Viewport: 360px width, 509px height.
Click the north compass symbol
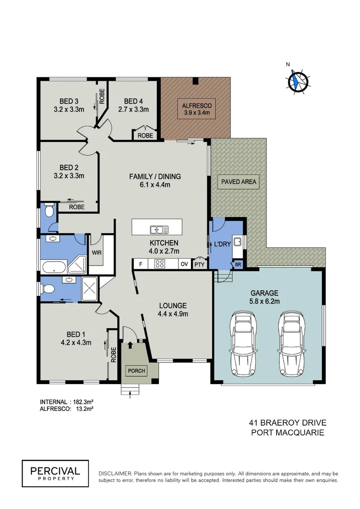point(298,81)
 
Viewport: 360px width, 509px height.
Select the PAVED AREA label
point(237,181)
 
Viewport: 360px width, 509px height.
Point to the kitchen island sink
point(159,230)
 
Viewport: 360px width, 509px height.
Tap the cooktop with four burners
point(160,264)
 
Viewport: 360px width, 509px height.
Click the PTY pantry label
point(200,264)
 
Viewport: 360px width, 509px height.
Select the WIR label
point(97,252)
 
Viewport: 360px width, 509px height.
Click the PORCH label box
point(137,371)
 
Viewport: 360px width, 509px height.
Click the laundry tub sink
point(238,242)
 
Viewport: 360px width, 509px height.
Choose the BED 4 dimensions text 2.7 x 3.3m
point(133,110)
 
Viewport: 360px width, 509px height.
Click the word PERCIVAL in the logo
point(55,470)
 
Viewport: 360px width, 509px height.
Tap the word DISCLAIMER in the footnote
point(115,473)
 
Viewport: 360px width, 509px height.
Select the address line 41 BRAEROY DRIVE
point(287,422)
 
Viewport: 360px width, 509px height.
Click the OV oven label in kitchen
point(184,264)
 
